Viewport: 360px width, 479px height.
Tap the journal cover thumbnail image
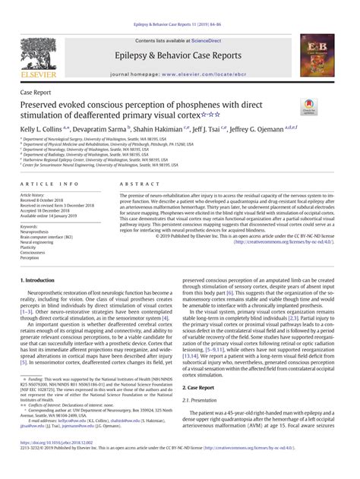[317, 55]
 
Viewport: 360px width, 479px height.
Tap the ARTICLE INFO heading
[49, 184]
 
